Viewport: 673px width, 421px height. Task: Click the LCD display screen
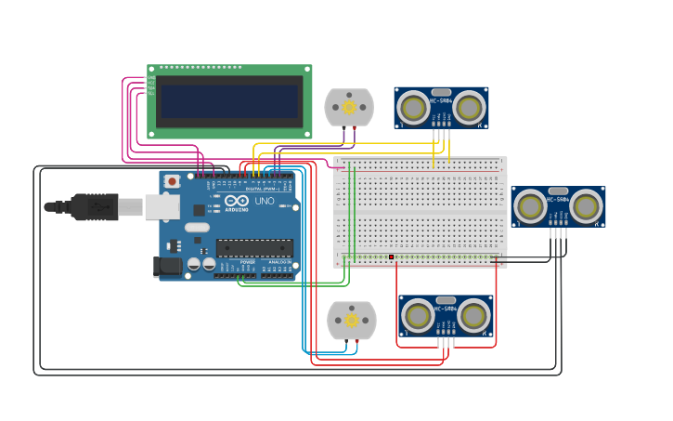point(229,102)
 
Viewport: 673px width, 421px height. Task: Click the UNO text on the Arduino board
point(265,201)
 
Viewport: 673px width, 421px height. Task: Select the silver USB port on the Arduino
point(162,206)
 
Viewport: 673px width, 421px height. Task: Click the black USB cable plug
point(93,206)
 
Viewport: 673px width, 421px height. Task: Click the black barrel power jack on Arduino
point(168,267)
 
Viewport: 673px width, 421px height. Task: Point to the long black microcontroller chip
point(254,248)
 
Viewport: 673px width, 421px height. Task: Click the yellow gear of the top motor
point(349,107)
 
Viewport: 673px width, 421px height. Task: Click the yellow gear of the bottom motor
point(352,321)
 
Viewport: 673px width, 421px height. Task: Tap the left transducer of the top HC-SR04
point(413,109)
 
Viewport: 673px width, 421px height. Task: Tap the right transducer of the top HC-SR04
point(469,109)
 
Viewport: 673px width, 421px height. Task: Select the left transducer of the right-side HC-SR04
point(530,206)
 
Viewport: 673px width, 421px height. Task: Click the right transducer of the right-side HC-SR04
point(586,206)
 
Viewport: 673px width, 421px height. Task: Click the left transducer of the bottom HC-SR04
point(418,316)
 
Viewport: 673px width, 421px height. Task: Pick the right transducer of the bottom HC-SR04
point(473,316)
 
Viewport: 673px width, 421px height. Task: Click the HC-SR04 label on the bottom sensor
point(446,309)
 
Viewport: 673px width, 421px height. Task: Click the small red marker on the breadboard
point(391,257)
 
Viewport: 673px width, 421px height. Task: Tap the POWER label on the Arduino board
point(247,262)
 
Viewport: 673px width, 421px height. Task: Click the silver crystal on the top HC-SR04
point(441,92)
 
